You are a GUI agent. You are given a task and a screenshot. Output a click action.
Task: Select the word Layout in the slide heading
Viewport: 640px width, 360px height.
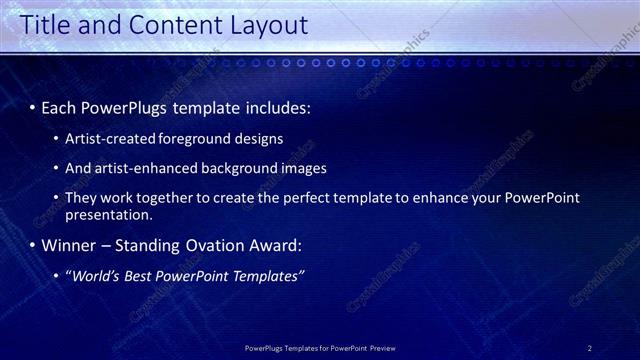264,27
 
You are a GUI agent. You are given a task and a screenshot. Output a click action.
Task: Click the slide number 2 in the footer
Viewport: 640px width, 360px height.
590,348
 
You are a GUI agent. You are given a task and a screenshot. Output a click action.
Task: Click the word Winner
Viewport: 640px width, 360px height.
71,245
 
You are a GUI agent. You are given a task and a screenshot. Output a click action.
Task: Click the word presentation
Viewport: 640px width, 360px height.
108,214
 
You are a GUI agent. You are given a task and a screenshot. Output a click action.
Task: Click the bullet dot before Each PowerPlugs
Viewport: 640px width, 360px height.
32,106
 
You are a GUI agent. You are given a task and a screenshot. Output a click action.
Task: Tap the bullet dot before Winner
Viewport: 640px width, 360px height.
32,246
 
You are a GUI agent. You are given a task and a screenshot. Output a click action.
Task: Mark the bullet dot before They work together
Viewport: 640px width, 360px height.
56,198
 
